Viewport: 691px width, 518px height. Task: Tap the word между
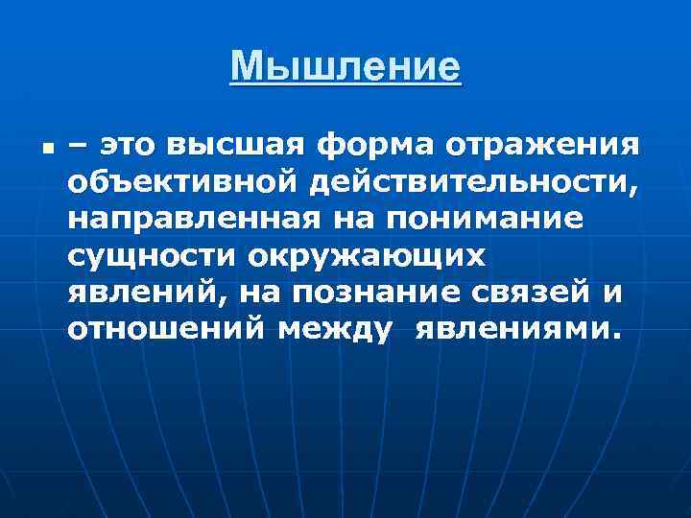coord(335,330)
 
